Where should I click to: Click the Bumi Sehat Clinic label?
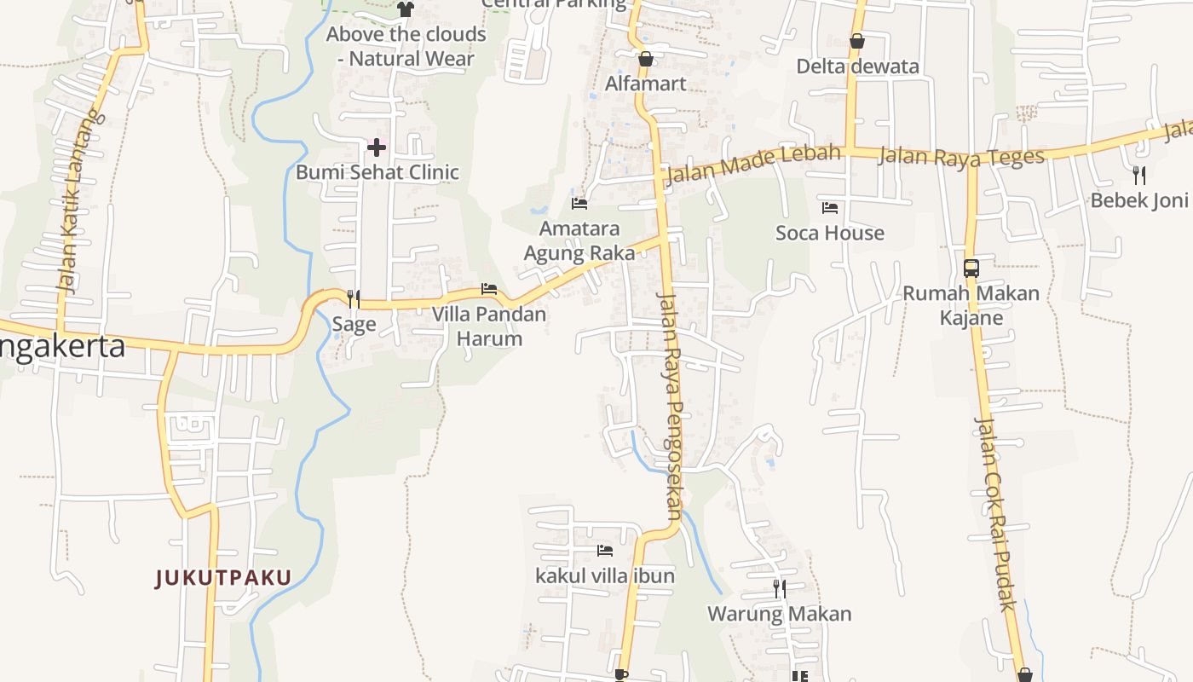(x=377, y=172)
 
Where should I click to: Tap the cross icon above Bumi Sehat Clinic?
(x=376, y=148)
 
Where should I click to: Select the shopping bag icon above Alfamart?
(x=646, y=59)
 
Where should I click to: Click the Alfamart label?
(x=645, y=84)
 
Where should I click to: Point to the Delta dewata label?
(x=857, y=66)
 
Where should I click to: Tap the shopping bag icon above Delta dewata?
(x=857, y=41)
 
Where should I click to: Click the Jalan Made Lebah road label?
(x=752, y=165)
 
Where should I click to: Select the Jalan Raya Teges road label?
(x=960, y=157)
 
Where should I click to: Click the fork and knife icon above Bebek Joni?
(x=1139, y=176)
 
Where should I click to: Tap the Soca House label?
(x=829, y=233)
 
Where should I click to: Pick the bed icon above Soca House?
(x=829, y=208)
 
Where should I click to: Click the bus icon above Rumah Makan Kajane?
(x=971, y=269)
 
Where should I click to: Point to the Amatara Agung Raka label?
(x=579, y=241)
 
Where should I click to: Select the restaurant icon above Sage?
(x=354, y=298)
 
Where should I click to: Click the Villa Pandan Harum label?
(x=488, y=327)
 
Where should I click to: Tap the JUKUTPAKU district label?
(x=223, y=578)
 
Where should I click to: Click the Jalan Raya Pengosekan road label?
(x=671, y=406)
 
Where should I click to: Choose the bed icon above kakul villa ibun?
(x=605, y=551)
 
